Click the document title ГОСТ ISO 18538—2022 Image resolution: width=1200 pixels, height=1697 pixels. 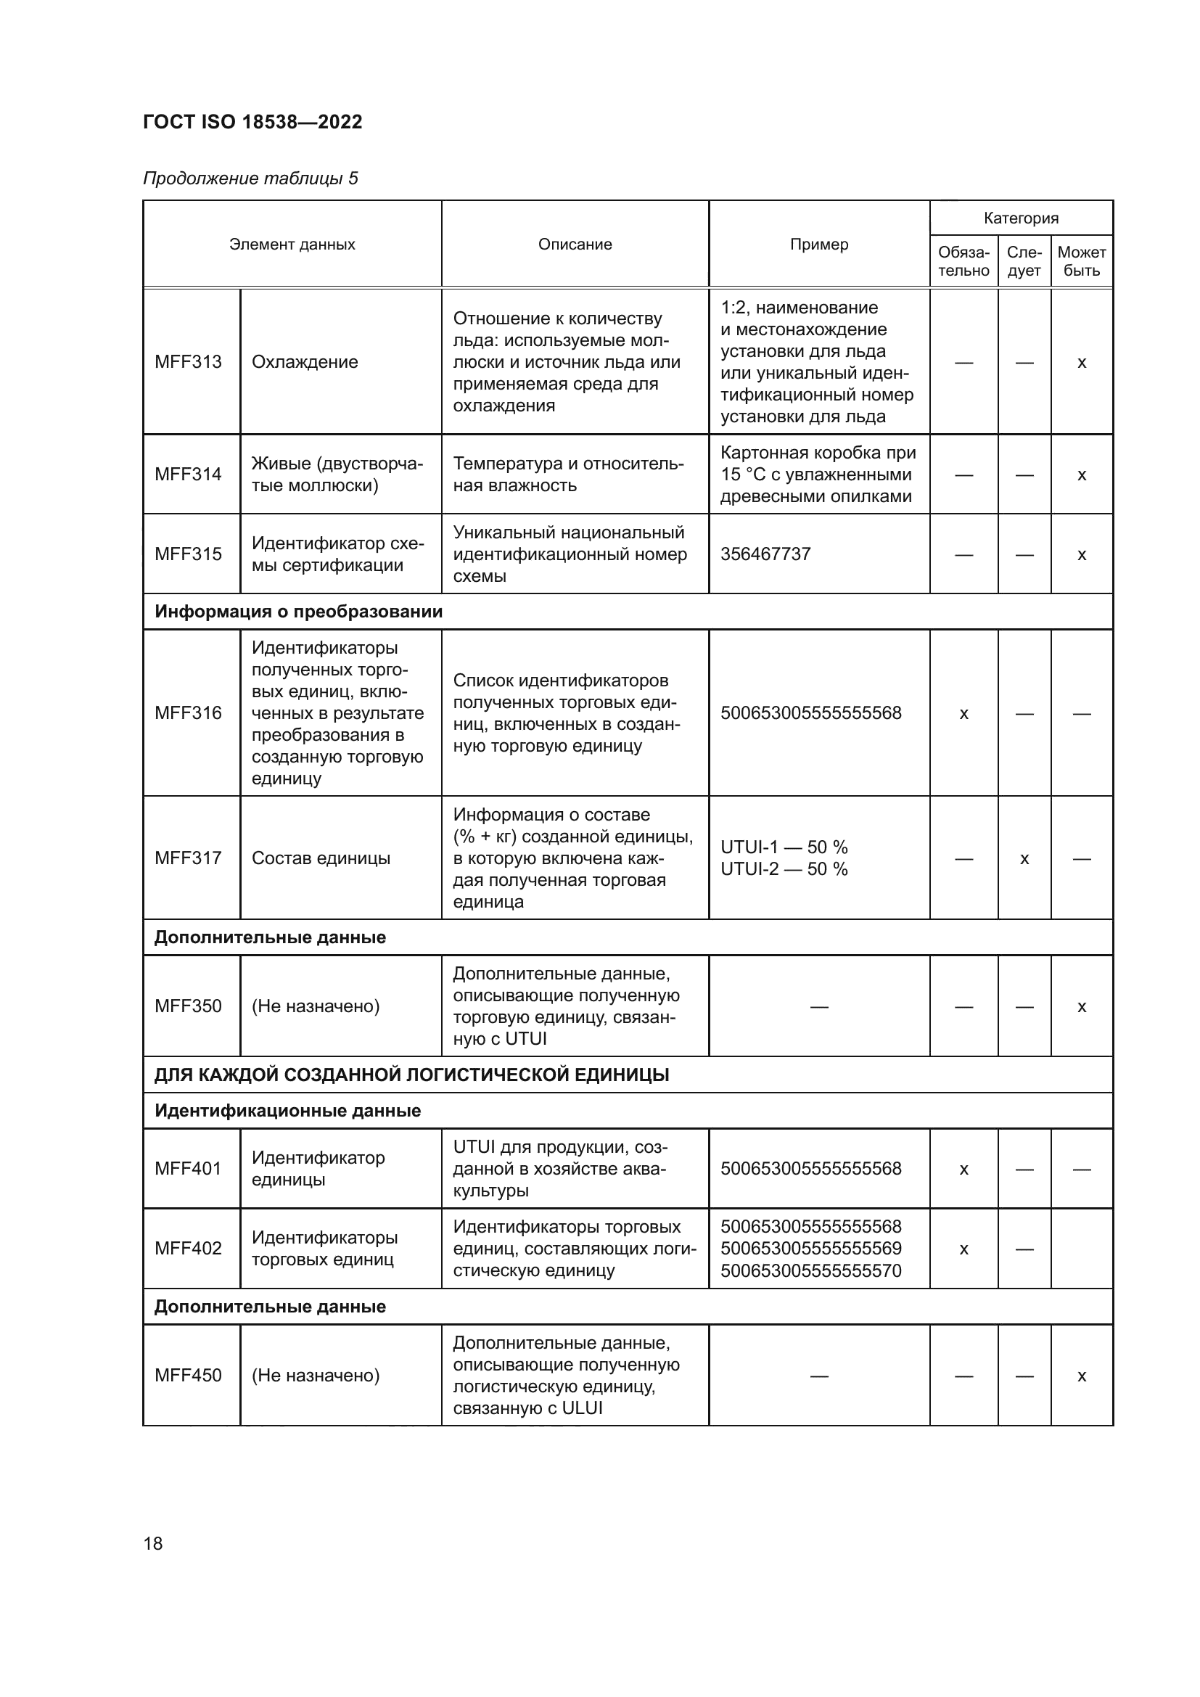point(252,122)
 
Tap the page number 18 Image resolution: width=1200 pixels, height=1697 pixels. point(153,1543)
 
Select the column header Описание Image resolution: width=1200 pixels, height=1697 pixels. point(575,245)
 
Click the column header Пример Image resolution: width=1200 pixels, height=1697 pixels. point(818,245)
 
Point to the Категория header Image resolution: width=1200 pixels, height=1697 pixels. point(1021,218)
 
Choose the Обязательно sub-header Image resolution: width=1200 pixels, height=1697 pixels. point(963,262)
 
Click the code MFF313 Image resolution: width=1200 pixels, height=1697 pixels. point(189,362)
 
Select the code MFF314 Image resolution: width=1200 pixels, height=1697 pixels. point(189,474)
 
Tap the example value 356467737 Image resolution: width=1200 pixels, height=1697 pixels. point(765,554)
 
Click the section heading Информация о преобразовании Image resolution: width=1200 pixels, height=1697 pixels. point(298,612)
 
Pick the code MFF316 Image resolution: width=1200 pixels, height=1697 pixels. point(189,713)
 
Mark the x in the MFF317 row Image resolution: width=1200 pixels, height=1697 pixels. point(1024,859)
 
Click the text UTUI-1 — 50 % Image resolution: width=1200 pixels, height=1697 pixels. point(784,847)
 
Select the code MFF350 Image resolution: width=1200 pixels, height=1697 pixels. point(189,1007)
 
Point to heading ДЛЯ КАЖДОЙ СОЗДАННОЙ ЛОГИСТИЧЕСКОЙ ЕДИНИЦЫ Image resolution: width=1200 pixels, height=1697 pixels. point(411,1075)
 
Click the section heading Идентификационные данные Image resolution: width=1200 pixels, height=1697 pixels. point(287,1111)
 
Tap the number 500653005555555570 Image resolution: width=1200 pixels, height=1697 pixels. point(810,1271)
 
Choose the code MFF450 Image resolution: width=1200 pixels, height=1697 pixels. point(189,1376)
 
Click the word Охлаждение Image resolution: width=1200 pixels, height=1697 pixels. point(305,362)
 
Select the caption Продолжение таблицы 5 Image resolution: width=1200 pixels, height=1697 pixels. point(250,179)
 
